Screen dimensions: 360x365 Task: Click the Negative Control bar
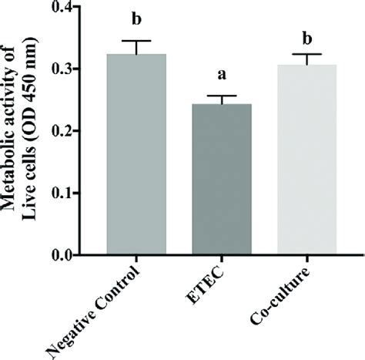(x=137, y=154)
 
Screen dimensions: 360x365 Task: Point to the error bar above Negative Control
(x=137, y=46)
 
